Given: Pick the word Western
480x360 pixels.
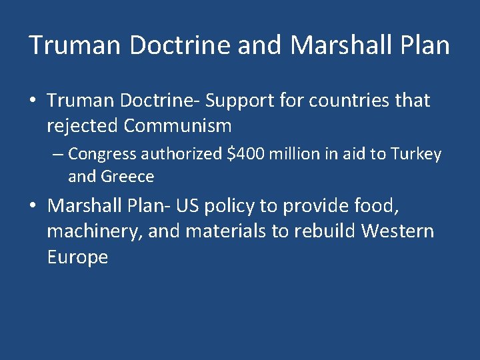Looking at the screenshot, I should (x=397, y=231).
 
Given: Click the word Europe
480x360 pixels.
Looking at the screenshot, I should (x=77, y=257).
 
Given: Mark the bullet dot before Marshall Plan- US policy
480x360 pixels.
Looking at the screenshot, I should (x=33, y=207).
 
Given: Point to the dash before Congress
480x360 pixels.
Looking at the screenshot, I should (x=58, y=155).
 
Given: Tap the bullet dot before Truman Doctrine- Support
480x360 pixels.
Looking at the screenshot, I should (x=33, y=101).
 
